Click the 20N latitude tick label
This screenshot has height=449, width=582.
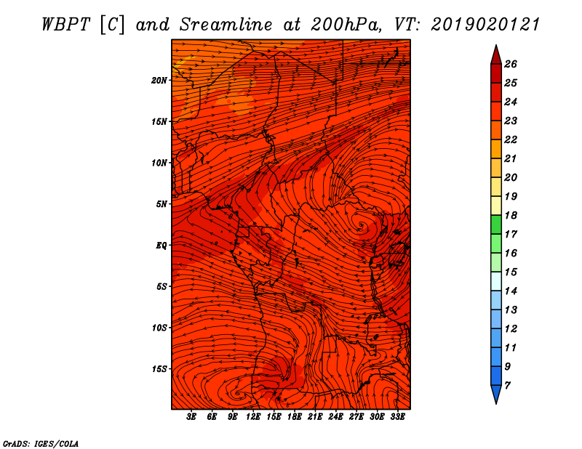point(159,81)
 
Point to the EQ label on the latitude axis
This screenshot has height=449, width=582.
point(161,246)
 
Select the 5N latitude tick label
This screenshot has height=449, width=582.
point(162,204)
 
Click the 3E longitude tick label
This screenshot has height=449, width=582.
point(191,417)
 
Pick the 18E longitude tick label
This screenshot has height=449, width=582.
point(294,417)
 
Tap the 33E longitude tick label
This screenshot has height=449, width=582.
point(397,417)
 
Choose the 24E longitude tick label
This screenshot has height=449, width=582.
point(335,417)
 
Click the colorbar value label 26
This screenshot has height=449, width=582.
point(511,64)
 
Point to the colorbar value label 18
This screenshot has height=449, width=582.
point(511,215)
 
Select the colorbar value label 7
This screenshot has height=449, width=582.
point(507,386)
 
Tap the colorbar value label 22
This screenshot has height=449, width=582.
point(511,139)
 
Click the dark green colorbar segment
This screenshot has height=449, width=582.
point(496,224)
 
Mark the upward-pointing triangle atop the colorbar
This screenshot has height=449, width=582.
point(496,56)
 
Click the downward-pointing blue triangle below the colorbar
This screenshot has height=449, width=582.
point(496,393)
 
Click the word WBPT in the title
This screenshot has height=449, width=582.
point(65,25)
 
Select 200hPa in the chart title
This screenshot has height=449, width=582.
point(346,25)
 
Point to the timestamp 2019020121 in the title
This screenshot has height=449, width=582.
point(485,25)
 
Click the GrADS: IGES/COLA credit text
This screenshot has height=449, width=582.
point(41,444)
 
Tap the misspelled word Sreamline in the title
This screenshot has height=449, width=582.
point(226,25)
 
